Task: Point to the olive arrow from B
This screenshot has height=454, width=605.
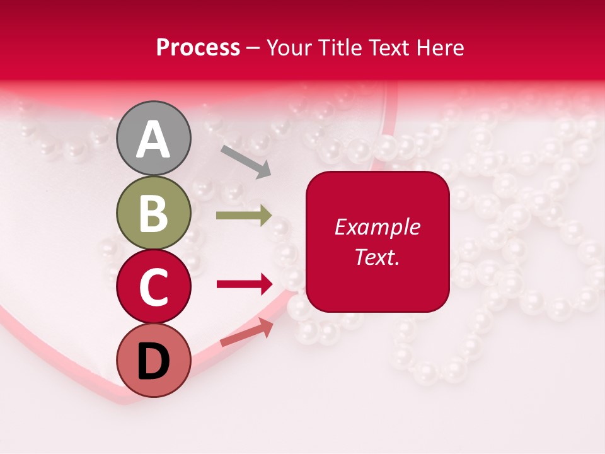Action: click(x=243, y=215)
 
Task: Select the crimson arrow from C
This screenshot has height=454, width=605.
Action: click(x=244, y=284)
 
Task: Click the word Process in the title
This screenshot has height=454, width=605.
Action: click(x=198, y=48)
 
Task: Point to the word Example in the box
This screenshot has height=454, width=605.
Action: click(x=377, y=228)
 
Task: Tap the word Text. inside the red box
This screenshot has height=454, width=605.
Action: click(x=377, y=257)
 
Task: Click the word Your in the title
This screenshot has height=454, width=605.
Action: click(x=289, y=48)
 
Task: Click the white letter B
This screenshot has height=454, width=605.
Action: click(x=154, y=213)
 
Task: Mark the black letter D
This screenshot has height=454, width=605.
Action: click(x=154, y=362)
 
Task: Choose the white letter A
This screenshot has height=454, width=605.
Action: click(x=154, y=139)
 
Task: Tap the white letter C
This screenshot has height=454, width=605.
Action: click(x=154, y=288)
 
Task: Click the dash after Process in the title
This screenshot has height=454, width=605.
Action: click(x=253, y=49)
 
